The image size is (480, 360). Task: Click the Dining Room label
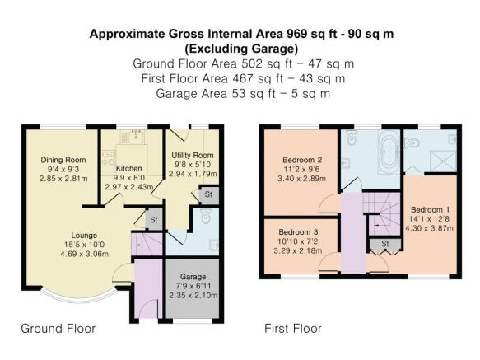coord(63,160)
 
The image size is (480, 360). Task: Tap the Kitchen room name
coord(129,168)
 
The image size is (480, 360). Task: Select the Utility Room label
coord(193,155)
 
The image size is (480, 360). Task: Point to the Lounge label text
coord(84,236)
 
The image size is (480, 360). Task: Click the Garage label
coord(193,277)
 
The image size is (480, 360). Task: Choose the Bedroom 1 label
coord(430,209)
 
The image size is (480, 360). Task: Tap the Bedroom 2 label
coord(302,160)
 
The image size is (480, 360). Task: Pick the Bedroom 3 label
coord(298,232)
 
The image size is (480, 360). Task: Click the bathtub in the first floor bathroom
coord(388,152)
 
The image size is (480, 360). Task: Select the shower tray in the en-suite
coord(443,161)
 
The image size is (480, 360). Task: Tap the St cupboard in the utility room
coord(208,194)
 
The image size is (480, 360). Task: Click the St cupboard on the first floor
coord(385,244)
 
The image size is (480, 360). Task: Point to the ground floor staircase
coord(147,244)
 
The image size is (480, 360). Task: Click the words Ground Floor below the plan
coord(58,329)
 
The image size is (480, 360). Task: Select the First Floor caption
coord(293,329)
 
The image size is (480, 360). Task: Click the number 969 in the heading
coord(296,34)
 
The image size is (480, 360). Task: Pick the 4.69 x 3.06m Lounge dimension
coord(85,254)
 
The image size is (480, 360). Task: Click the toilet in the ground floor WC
coord(205,216)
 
